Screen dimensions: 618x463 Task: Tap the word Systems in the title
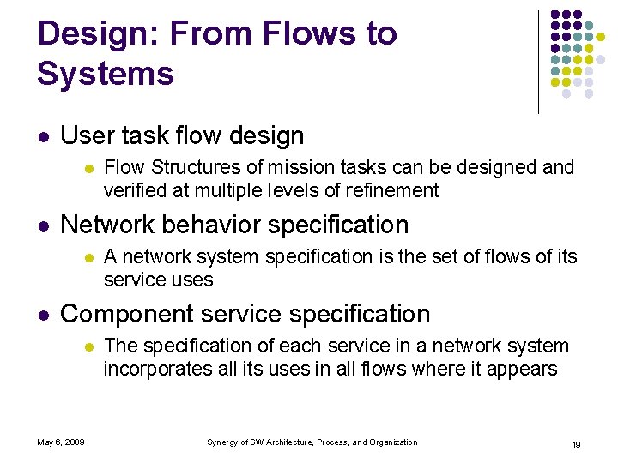106,74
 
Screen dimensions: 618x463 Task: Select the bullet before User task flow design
44,136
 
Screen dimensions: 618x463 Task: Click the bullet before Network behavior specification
44,225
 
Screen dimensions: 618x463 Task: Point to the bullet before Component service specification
44,315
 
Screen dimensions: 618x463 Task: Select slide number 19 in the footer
577,443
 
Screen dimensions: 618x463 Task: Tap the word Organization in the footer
393,442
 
